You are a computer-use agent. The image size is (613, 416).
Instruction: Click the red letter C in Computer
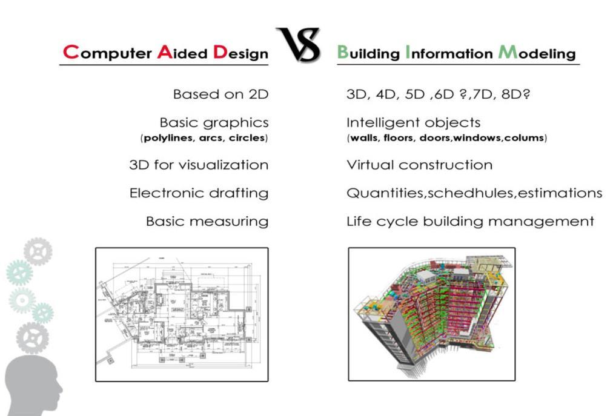pyautogui.click(x=71, y=52)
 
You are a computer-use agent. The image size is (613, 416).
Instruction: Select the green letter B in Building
pyautogui.click(x=343, y=52)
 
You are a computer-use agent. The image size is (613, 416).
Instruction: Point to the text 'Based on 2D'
pyautogui.click(x=220, y=94)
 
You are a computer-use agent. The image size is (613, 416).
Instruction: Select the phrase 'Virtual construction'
pyautogui.click(x=419, y=165)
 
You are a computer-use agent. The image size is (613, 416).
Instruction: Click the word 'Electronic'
pyautogui.click(x=161, y=193)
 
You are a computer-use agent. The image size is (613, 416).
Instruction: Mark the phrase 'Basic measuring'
pyautogui.click(x=207, y=221)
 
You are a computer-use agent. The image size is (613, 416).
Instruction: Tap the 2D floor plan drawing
pyautogui.click(x=182, y=314)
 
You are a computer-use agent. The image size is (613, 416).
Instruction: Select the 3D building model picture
pyautogui.click(x=431, y=314)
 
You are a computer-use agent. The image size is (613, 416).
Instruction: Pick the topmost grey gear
pyautogui.click(x=38, y=251)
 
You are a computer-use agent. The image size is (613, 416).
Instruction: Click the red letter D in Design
pyautogui.click(x=219, y=53)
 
